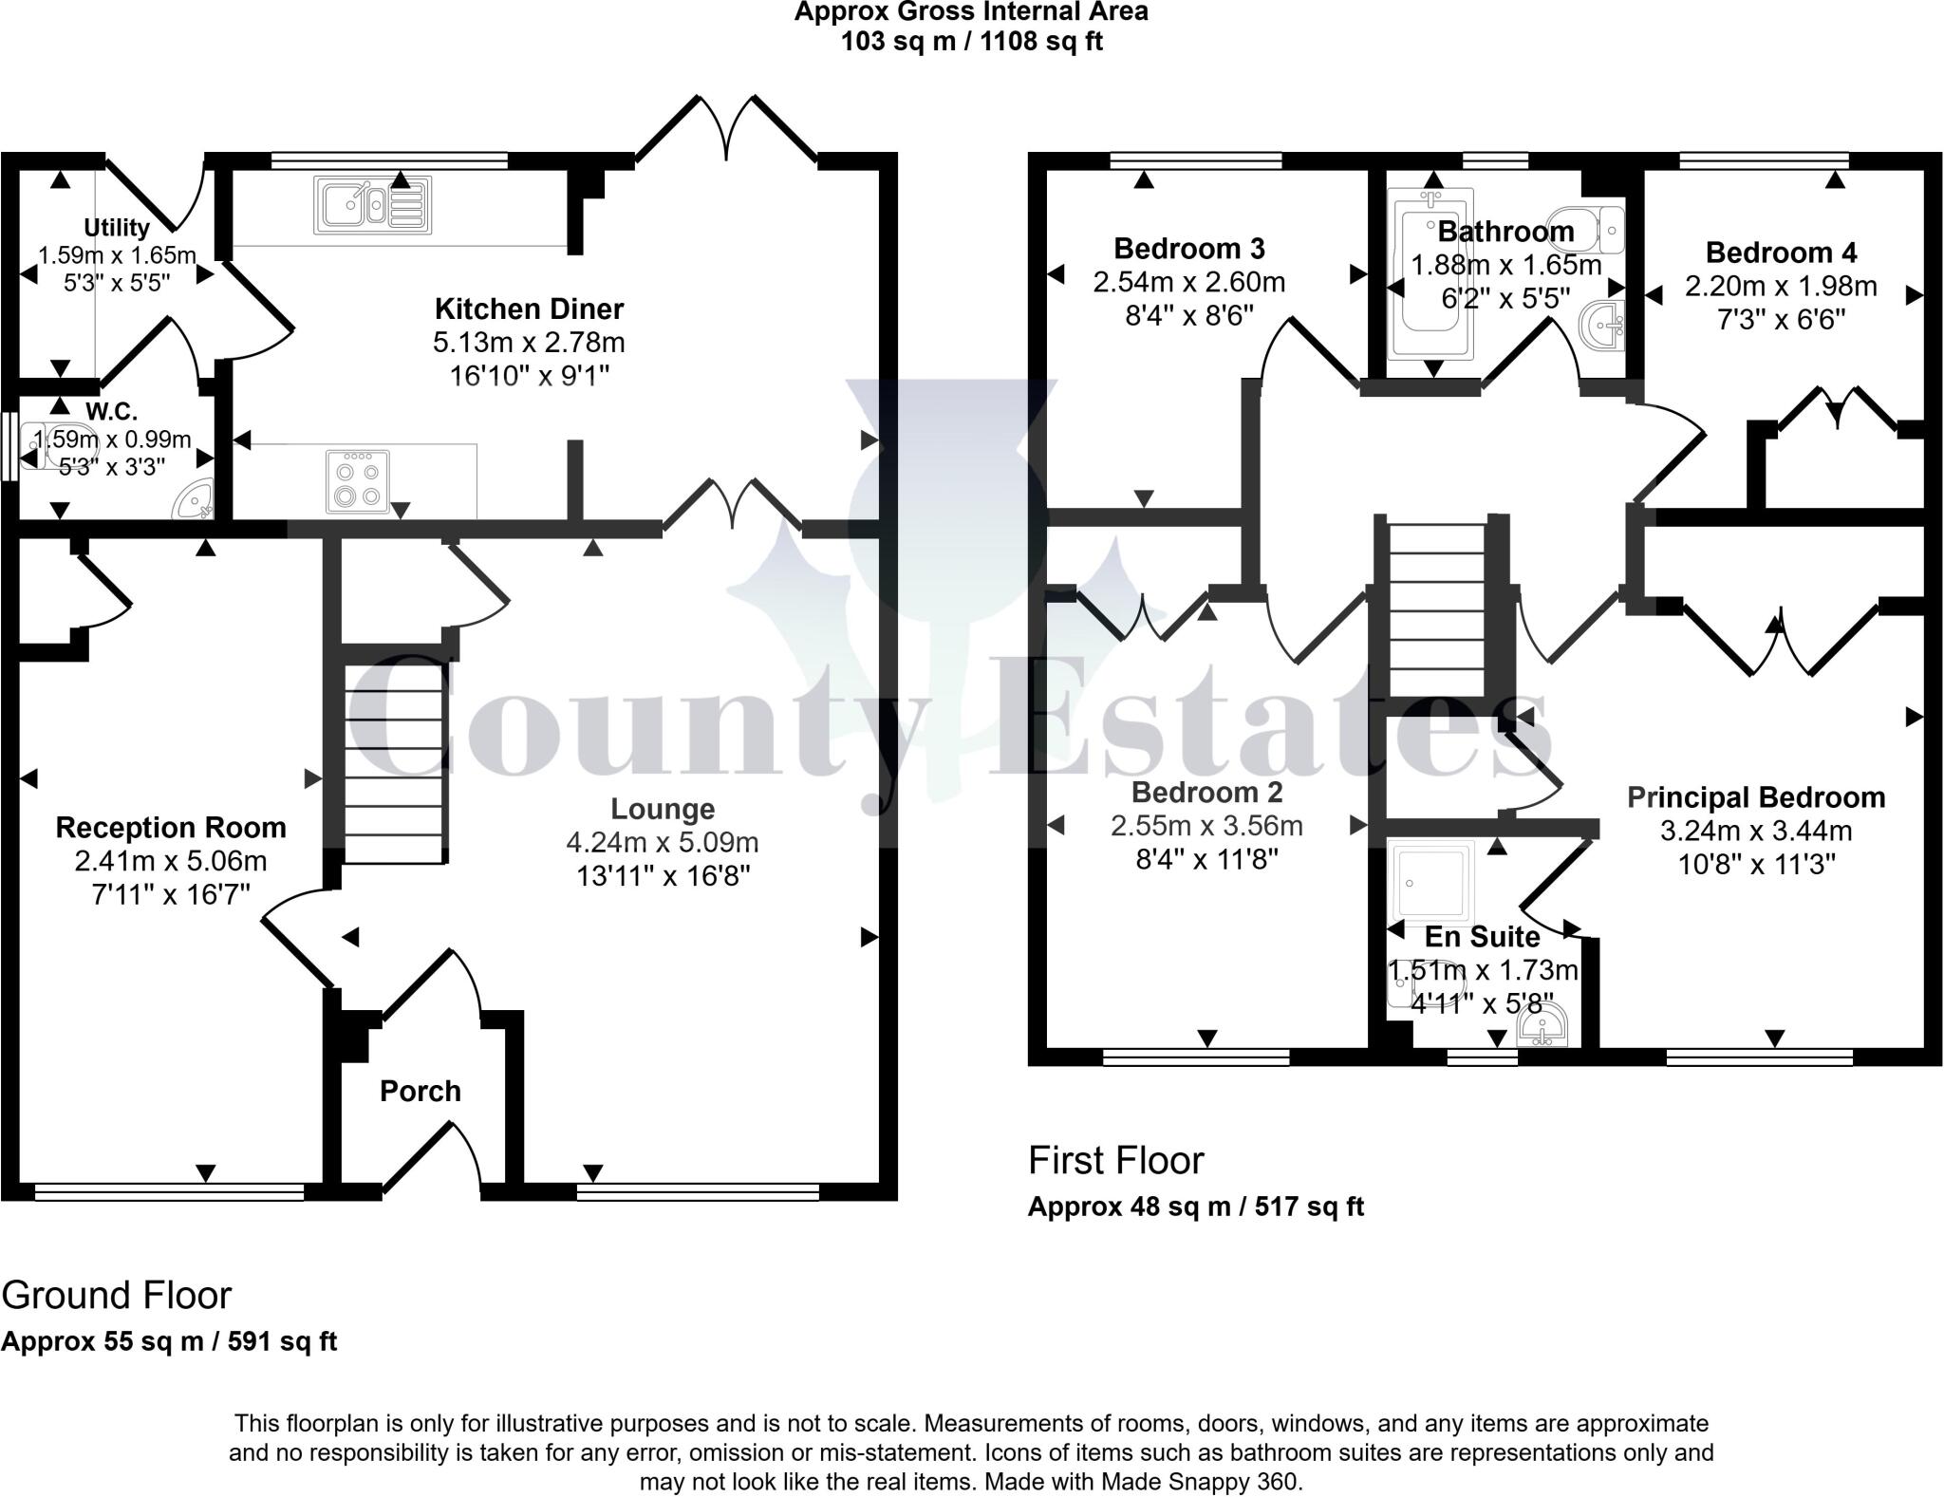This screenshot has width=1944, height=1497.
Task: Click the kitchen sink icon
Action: [372, 206]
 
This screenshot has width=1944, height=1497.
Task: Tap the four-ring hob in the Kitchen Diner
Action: [357, 480]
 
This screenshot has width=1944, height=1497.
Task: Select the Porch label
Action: [421, 1092]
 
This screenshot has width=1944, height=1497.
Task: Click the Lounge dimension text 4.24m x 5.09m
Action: [663, 842]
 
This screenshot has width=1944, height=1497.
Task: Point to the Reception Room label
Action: [171, 828]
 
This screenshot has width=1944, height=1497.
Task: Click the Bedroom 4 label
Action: [1781, 253]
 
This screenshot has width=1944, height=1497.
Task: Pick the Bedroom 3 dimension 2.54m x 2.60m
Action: [1189, 282]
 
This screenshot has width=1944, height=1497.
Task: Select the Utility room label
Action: [117, 228]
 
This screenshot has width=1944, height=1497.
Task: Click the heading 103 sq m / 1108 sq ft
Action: [971, 42]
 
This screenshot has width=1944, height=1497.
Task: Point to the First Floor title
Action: [1115, 1160]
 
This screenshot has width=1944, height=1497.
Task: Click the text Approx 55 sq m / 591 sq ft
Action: [169, 1341]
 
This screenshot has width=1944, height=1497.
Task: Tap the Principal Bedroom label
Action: [1756, 797]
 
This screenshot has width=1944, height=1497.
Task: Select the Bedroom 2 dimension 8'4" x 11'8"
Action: [1206, 859]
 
